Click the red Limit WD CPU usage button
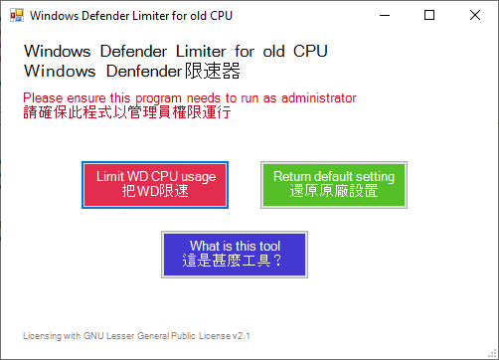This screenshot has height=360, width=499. [x=155, y=184]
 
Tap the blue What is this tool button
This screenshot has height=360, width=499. [x=235, y=254]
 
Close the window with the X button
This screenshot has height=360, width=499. [x=474, y=16]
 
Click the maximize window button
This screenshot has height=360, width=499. [x=428, y=16]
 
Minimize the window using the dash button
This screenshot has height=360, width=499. [x=383, y=16]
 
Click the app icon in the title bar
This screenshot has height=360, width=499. [x=16, y=16]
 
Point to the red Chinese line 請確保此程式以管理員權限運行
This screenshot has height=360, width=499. [x=126, y=112]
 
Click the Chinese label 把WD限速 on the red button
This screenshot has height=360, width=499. [x=155, y=191]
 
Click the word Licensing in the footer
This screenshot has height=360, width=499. [x=42, y=336]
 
